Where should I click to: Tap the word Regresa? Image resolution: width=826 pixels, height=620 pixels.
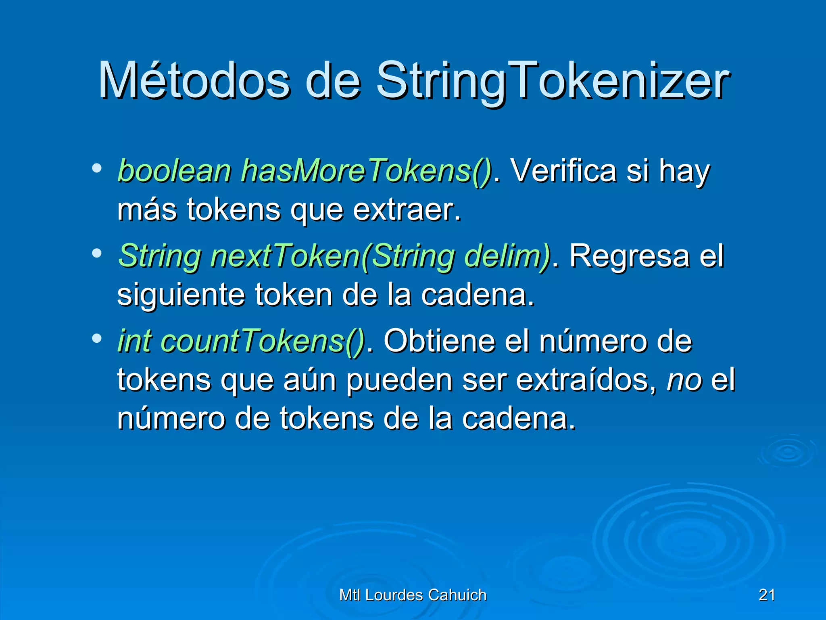coord(629,256)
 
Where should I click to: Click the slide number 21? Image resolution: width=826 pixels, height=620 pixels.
coord(767,595)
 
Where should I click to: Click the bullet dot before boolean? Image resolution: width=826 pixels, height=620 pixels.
coord(96,168)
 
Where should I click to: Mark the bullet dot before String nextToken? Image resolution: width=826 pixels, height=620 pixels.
coord(96,253)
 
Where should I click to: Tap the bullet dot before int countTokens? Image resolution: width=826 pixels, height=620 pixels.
coord(96,338)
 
